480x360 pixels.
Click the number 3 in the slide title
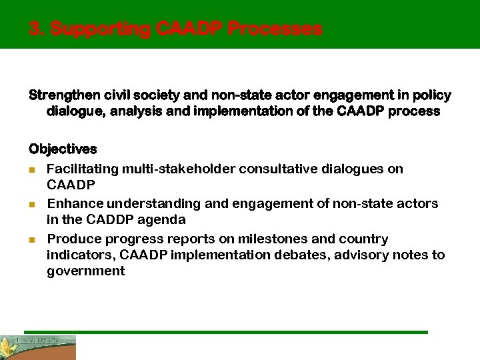35,29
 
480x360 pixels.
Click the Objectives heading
63,149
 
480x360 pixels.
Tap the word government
85,271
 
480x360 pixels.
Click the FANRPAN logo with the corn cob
38,347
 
